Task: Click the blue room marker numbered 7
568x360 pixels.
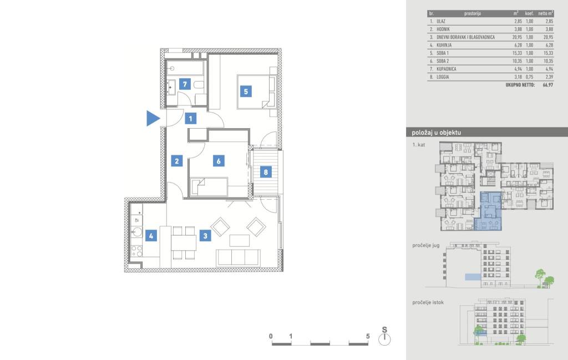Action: [185, 84]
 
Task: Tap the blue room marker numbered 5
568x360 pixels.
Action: [246, 92]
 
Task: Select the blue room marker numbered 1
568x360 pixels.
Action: [191, 119]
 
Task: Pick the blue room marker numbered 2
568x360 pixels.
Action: [177, 161]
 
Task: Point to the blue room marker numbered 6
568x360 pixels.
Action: [219, 161]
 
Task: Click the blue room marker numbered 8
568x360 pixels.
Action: [266, 172]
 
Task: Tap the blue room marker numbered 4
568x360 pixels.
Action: [151, 236]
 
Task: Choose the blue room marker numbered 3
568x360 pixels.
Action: [205, 236]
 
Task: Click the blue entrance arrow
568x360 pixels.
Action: [153, 119]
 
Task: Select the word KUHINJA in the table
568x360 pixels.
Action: [444, 45]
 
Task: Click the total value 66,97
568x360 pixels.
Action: [547, 85]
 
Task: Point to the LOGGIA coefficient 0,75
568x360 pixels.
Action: [529, 77]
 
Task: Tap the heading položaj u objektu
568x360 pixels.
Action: [436, 133]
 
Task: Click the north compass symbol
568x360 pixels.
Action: [384, 339]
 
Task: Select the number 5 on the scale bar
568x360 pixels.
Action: [368, 336]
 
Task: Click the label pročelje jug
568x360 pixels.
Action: [425, 246]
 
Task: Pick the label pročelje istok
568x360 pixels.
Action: [428, 302]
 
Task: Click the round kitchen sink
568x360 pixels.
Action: [137, 231]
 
